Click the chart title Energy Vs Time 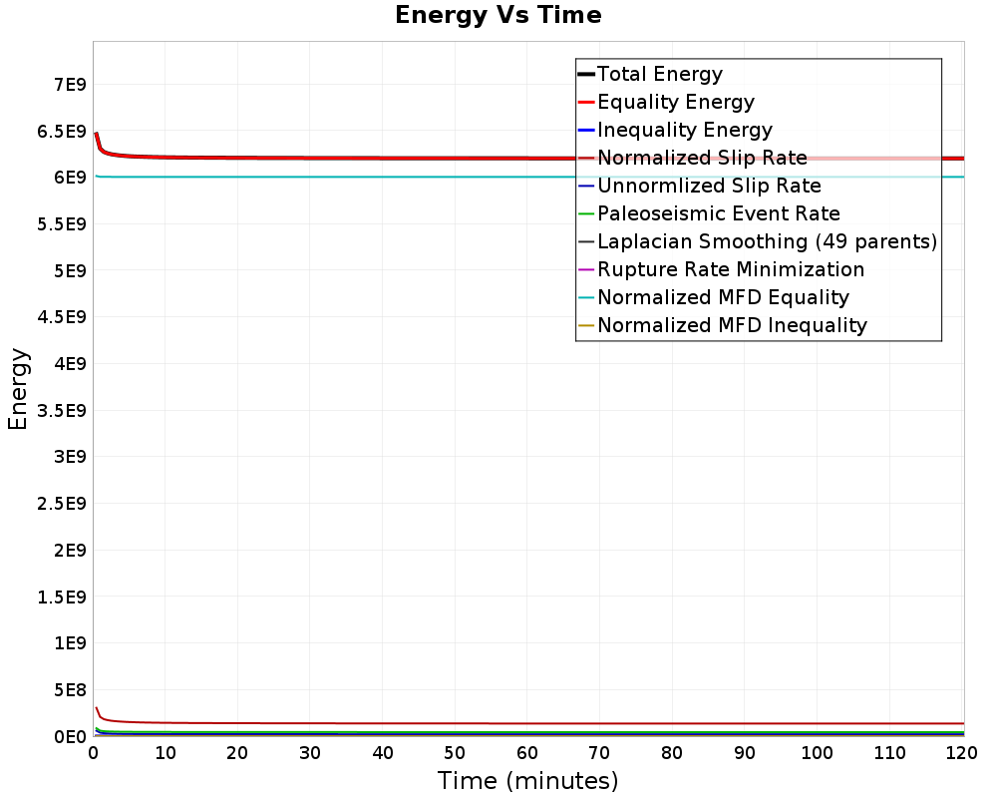tap(498, 16)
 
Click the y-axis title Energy tap(18, 389)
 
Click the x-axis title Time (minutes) tap(527, 781)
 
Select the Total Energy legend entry tap(659, 74)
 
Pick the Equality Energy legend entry tap(675, 102)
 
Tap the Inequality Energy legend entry tap(684, 130)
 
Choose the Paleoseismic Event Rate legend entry tap(718, 213)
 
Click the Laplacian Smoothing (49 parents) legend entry tap(767, 241)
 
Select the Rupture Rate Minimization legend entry tap(730, 269)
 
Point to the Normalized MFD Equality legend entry tap(723, 297)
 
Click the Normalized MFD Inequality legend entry tap(732, 325)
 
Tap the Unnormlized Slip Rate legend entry tap(709, 186)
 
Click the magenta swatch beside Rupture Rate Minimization tap(586, 269)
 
